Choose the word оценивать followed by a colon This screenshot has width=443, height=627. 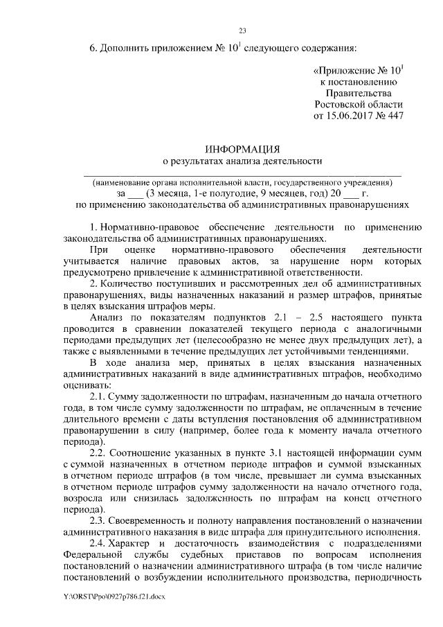pyautogui.click(x=84, y=384)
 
